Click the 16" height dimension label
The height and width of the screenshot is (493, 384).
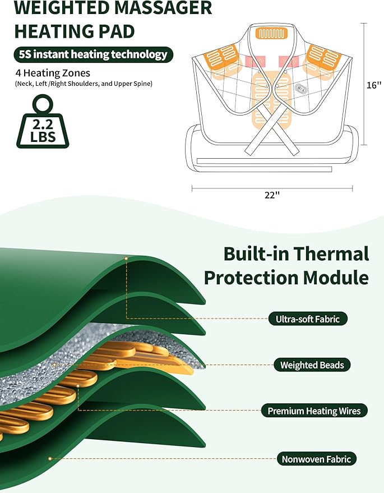[373, 85]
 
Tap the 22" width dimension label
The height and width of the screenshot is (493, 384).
[272, 195]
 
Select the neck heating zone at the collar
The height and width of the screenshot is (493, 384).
[271, 34]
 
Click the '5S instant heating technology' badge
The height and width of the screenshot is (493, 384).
[93, 54]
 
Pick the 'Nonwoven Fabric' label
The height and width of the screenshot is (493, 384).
[316, 459]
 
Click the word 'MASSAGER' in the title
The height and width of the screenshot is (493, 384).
[161, 8]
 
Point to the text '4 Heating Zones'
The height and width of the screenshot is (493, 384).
[53, 73]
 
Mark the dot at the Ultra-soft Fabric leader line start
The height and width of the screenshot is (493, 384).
[126, 259]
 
